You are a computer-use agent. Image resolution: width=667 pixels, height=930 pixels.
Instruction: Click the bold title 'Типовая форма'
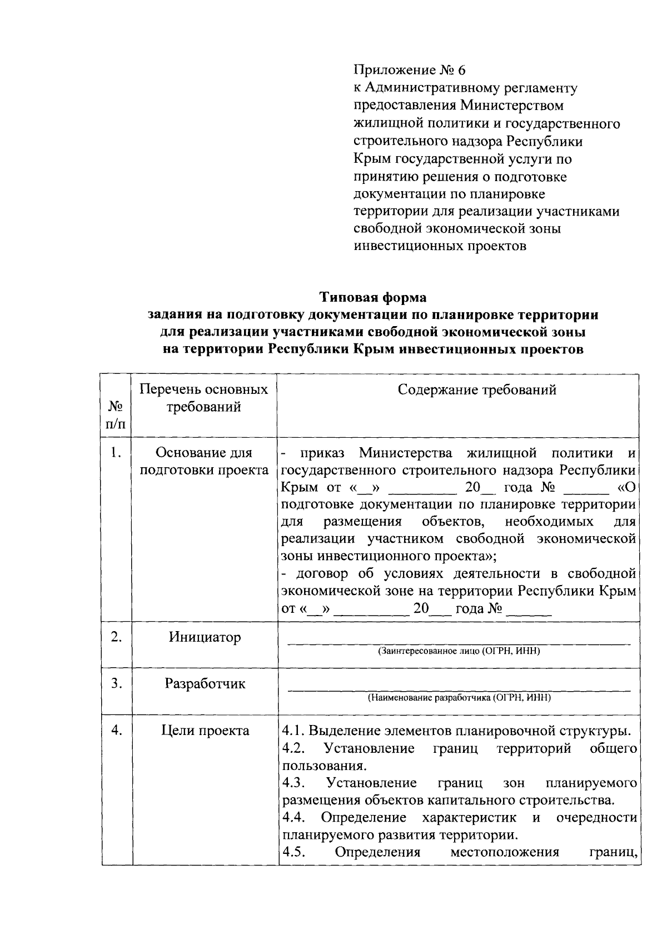(372, 298)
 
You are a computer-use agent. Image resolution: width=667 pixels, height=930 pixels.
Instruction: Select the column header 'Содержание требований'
(477, 390)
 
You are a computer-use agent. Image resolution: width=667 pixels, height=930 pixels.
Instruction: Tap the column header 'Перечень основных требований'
(204, 398)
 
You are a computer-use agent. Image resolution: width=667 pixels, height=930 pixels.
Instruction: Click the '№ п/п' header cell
(116, 416)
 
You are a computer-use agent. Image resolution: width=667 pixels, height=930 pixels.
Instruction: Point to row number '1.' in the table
(116, 453)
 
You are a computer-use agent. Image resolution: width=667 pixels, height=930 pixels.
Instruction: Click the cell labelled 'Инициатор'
(205, 637)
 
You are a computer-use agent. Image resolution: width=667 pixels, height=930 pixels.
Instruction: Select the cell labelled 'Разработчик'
(205, 684)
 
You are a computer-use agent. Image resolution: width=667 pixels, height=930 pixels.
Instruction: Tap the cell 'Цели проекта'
(205, 731)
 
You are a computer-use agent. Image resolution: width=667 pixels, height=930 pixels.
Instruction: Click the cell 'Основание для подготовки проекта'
(204, 462)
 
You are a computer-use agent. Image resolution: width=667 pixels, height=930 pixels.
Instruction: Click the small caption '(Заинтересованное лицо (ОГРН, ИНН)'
(459, 651)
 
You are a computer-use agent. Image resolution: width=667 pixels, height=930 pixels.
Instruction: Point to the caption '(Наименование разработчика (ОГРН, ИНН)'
(459, 698)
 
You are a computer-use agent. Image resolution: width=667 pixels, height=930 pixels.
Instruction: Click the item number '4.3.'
(294, 783)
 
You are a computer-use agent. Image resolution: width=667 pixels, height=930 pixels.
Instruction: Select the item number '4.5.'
(294, 852)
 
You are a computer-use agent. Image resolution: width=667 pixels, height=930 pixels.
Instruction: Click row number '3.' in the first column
(116, 684)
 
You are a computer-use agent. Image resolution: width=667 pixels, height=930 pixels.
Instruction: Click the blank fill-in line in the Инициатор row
(459, 643)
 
